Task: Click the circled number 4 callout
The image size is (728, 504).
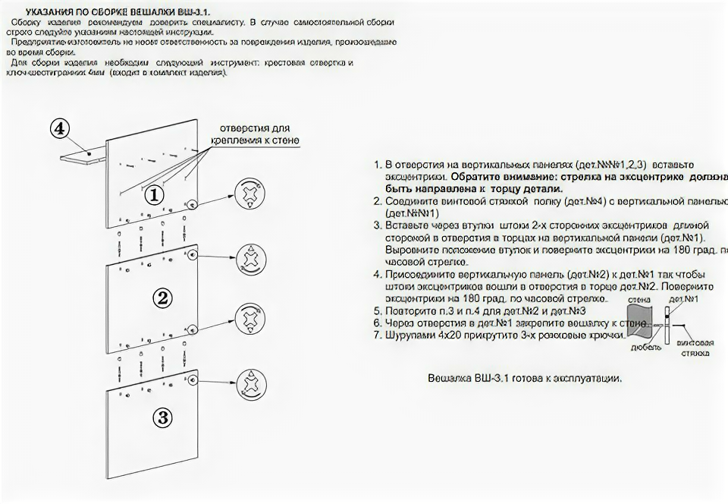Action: click(x=60, y=129)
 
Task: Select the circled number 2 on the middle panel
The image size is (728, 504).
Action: click(x=162, y=298)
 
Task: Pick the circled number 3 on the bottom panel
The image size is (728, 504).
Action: click(x=163, y=417)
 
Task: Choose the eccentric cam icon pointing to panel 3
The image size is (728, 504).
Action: click(x=251, y=381)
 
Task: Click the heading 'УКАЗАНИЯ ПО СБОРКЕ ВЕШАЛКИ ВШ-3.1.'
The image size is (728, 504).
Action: click(x=118, y=13)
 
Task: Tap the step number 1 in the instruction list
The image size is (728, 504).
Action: click(x=378, y=165)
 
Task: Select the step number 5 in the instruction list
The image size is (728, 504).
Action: click(x=378, y=311)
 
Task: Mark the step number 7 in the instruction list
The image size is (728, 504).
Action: click(x=378, y=335)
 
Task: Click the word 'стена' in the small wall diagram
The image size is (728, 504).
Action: click(x=638, y=301)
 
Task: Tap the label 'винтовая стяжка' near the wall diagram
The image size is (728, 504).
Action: click(x=694, y=348)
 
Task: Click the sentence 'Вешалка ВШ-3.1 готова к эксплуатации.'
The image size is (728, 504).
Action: click(x=525, y=378)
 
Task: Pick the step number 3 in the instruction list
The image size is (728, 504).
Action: click(x=378, y=225)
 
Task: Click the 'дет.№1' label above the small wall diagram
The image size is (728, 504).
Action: click(x=688, y=301)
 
